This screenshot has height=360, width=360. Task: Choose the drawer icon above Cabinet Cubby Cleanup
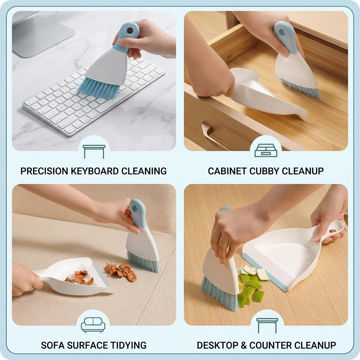tap(266, 150)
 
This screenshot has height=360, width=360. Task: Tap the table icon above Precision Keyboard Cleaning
tap(94, 151)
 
